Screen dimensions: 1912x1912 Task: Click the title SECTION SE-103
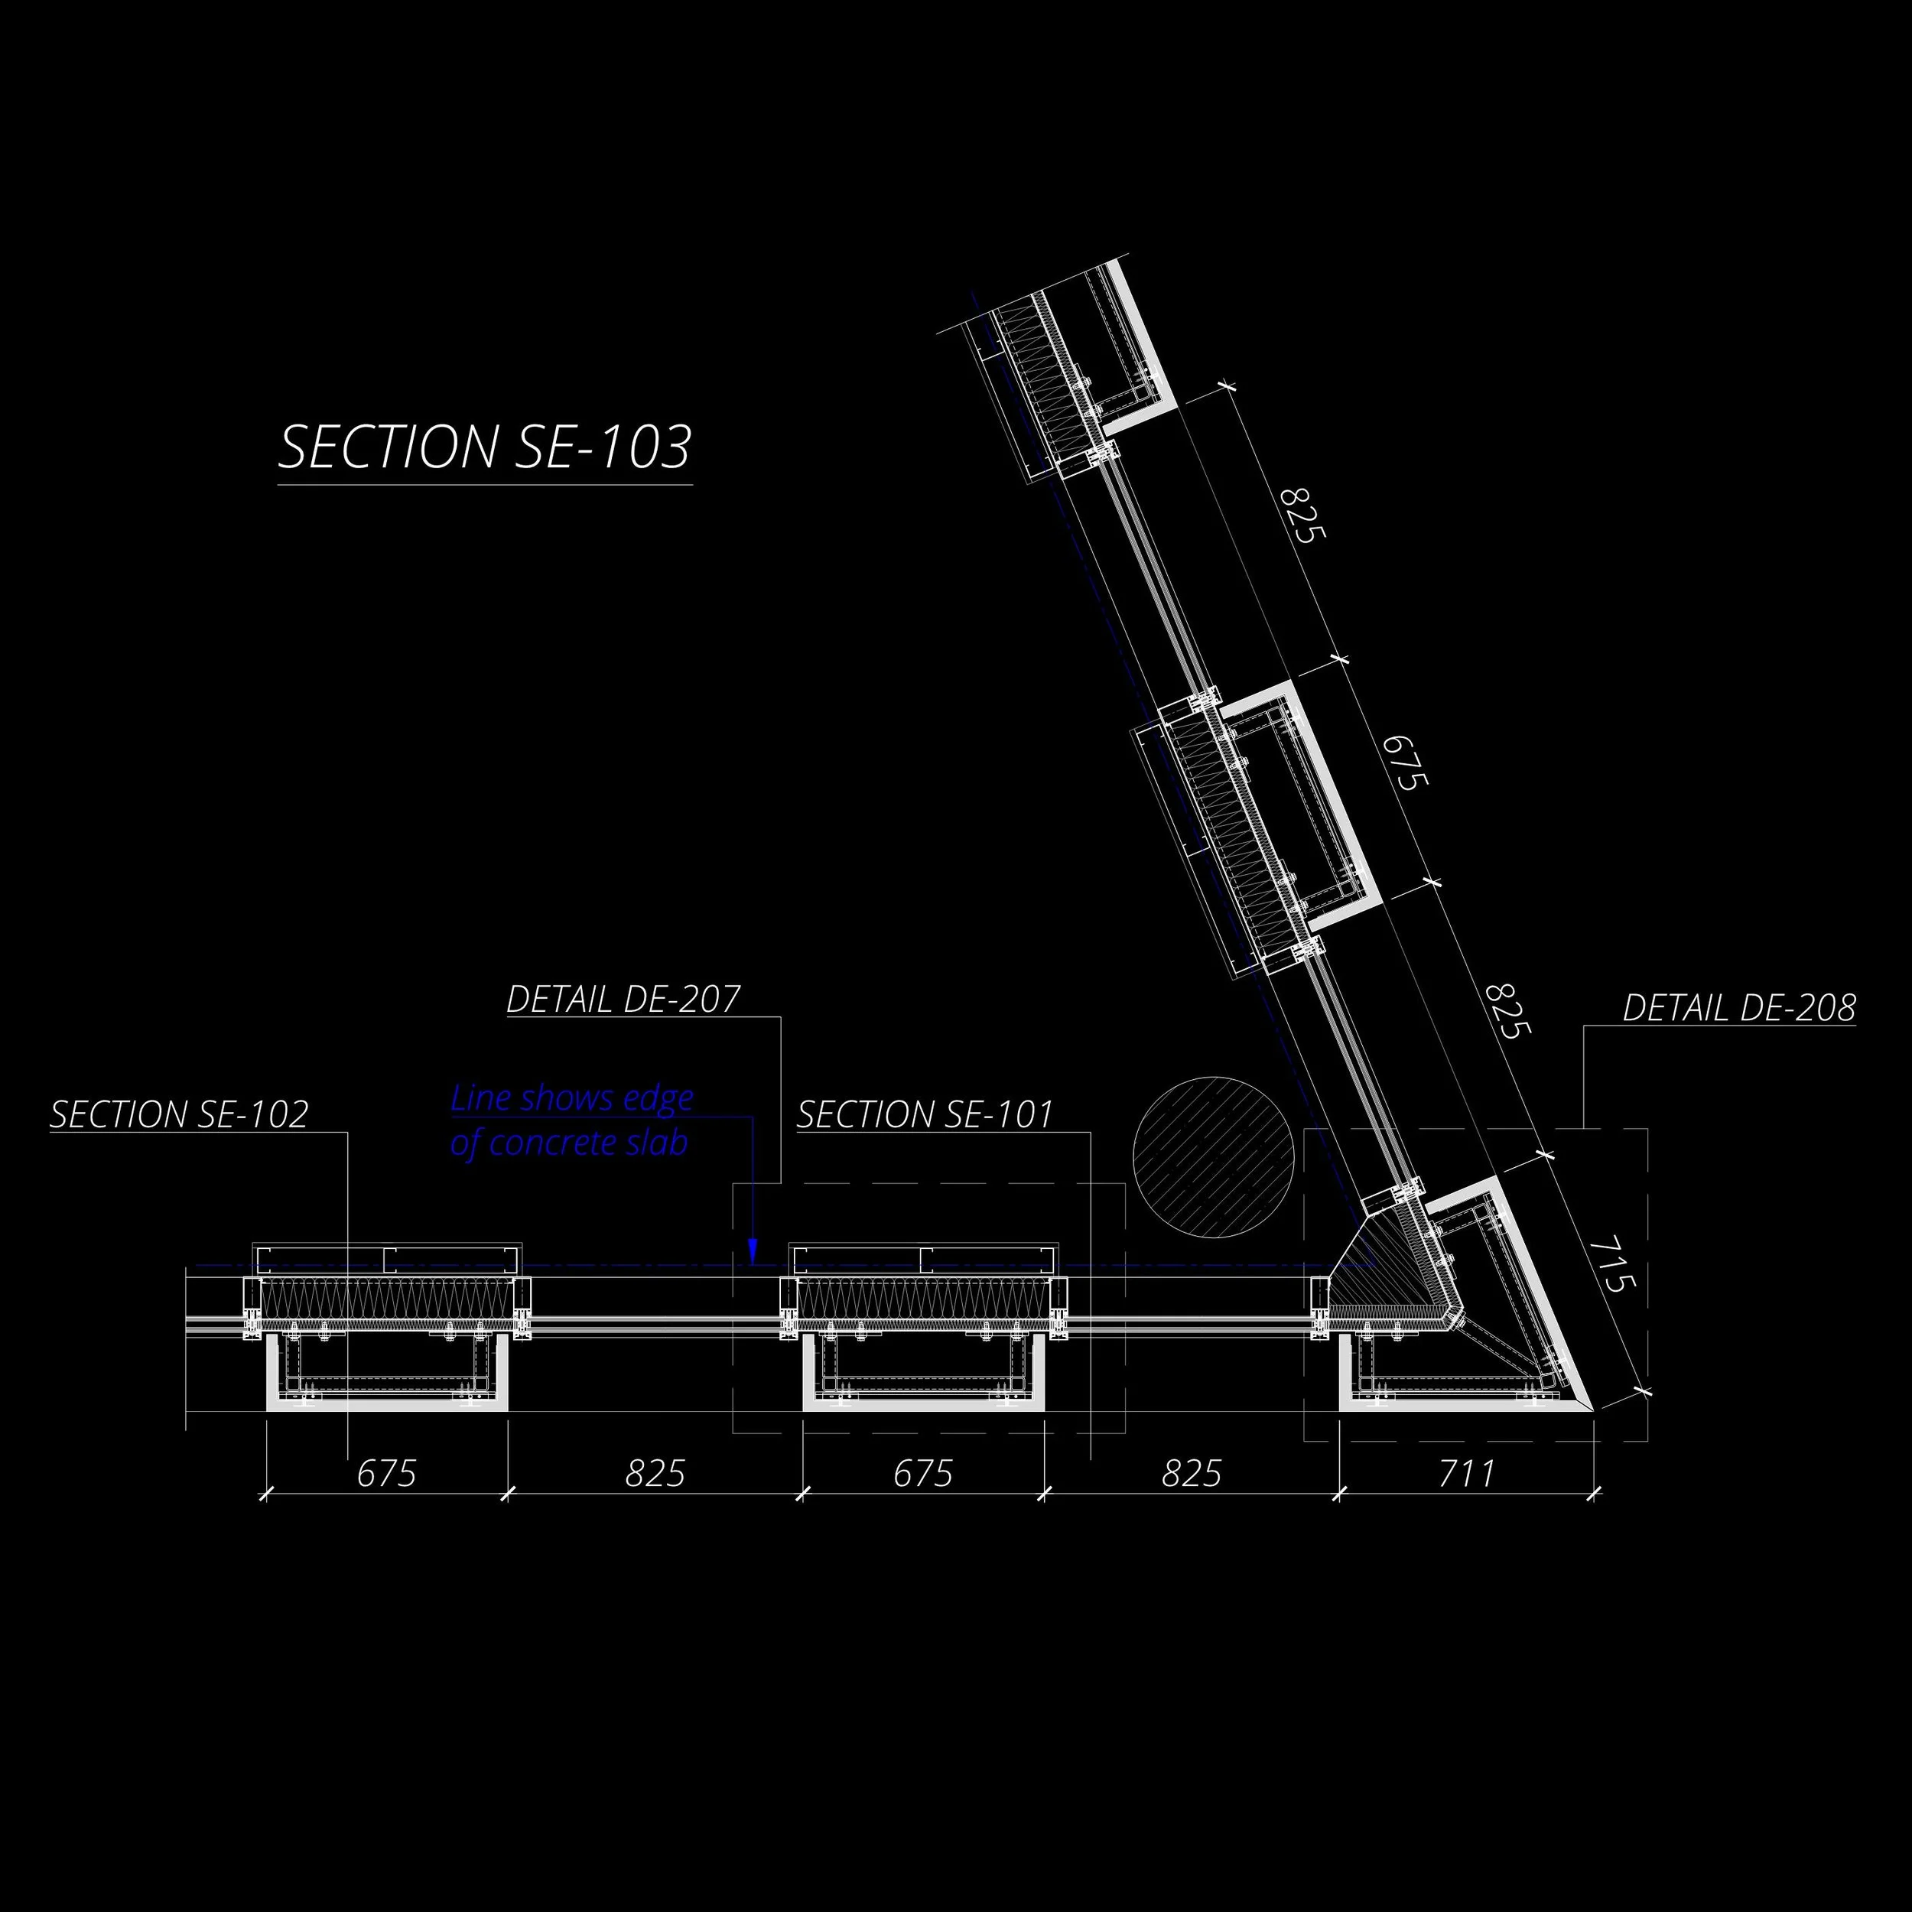(484, 447)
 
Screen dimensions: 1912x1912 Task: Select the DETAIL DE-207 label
(623, 1000)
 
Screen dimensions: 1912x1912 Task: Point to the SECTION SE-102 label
(179, 1114)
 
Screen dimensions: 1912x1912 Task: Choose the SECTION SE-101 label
(925, 1114)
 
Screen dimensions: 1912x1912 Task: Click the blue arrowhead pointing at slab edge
(752, 1251)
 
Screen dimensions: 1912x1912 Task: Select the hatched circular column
(1212, 1156)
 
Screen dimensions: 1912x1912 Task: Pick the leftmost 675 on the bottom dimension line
(386, 1474)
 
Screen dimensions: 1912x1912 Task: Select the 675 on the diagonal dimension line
(1404, 762)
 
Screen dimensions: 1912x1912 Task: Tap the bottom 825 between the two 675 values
(655, 1474)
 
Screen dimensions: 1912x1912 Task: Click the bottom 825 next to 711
(1191, 1474)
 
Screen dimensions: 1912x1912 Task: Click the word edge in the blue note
(657, 1097)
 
